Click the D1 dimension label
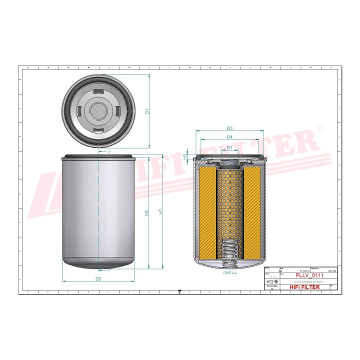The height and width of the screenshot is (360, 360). click(x=147, y=111)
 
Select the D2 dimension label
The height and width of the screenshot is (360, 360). click(x=98, y=278)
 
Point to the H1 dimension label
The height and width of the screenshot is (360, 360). click(x=160, y=211)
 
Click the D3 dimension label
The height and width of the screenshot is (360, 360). click(x=229, y=128)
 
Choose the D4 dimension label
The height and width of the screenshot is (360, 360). click(x=229, y=136)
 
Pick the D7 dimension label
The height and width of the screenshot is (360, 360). click(x=229, y=147)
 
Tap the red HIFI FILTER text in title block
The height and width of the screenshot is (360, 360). click(x=304, y=287)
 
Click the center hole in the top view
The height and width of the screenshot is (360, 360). click(x=99, y=110)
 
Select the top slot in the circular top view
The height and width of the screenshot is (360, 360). click(x=99, y=91)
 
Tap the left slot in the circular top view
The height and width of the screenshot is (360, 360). click(x=80, y=110)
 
